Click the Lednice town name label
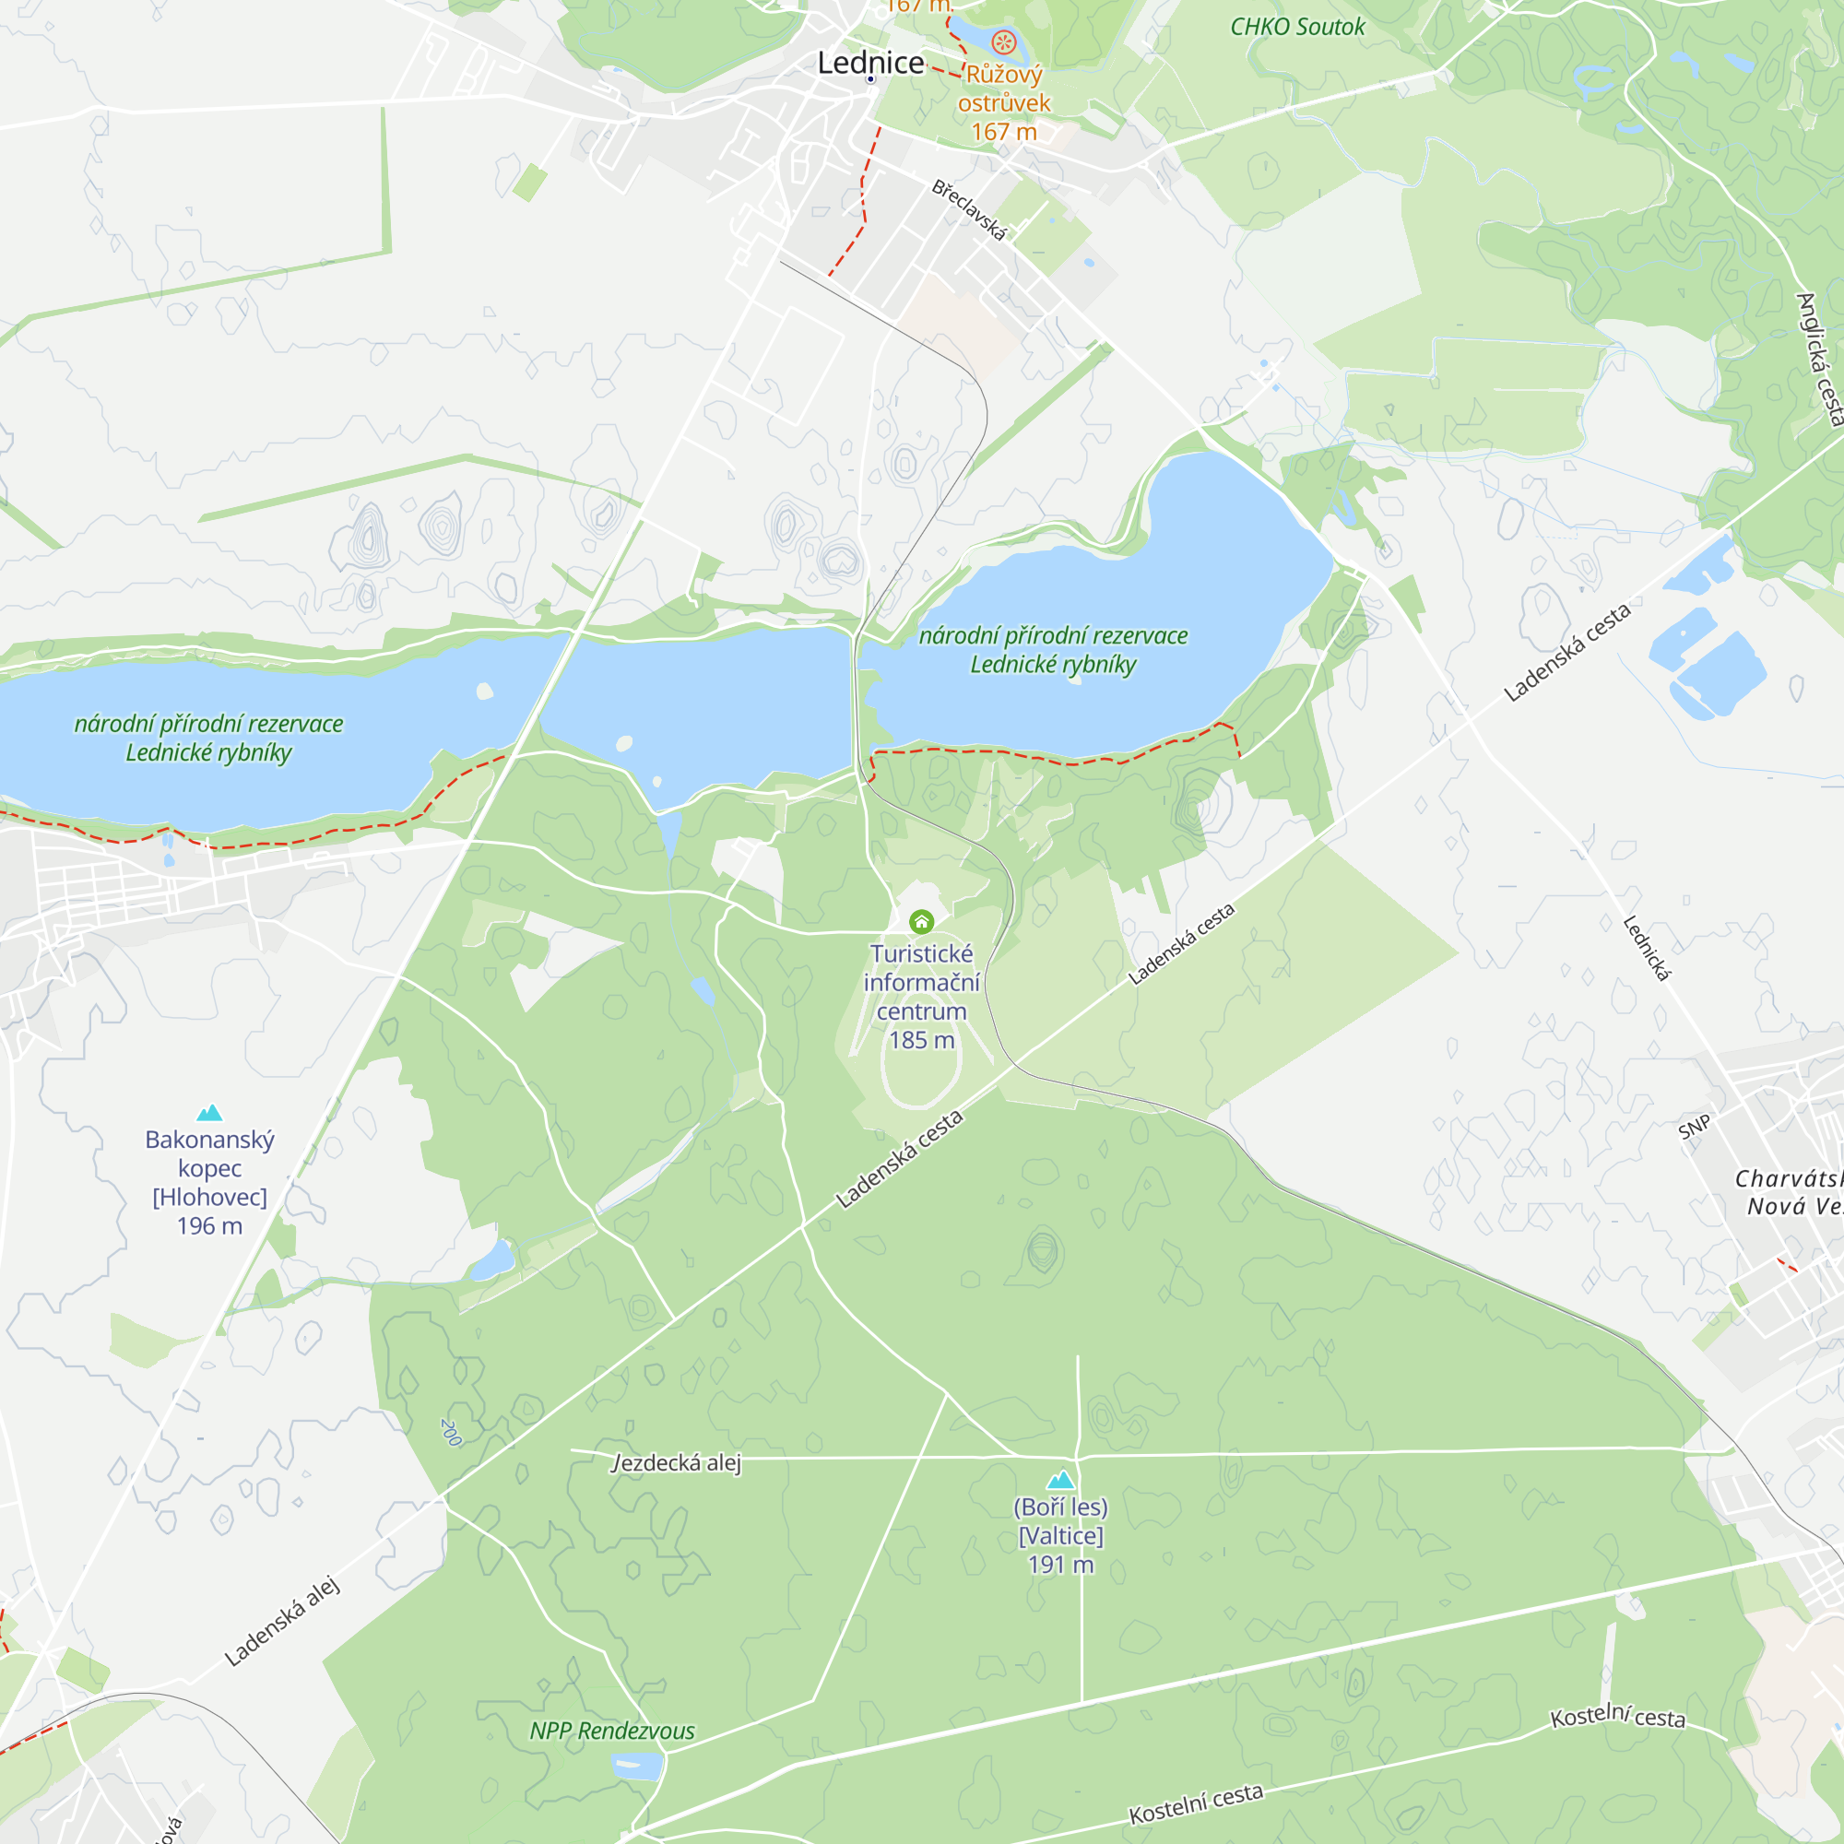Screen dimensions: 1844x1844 pos(870,63)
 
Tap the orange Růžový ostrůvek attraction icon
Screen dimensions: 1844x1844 pos(1003,42)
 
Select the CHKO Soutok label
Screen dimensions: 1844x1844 pos(1297,27)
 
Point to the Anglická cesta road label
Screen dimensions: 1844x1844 pos(1819,359)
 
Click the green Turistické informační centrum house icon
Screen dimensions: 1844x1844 pos(921,921)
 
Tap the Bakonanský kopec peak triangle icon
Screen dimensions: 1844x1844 pos(209,1112)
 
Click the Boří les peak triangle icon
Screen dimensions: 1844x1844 pos(1060,1480)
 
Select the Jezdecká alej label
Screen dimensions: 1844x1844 pos(676,1462)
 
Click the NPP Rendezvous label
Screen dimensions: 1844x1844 pos(612,1731)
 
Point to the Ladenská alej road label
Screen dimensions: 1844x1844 pos(281,1622)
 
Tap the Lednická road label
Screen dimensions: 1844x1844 pos(1647,949)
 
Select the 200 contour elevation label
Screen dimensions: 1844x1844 pos(451,1433)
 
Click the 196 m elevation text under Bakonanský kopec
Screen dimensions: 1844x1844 pos(209,1225)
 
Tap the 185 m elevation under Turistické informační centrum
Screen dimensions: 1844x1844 pos(921,1040)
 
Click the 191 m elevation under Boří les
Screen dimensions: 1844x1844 pos(1060,1565)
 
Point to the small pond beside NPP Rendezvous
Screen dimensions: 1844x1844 pos(636,1766)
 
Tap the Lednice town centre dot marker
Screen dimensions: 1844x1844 pos(870,80)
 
